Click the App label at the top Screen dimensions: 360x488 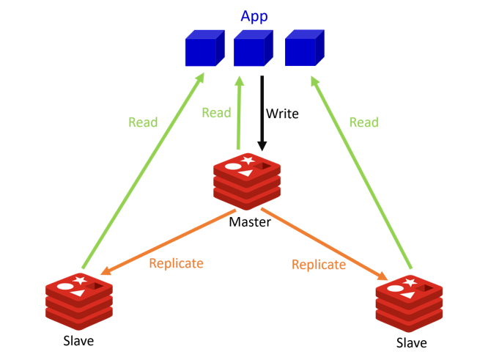coord(254,15)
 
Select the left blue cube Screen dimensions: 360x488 coord(204,49)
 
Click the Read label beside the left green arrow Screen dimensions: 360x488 coord(143,122)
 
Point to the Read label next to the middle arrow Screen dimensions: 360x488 coord(216,112)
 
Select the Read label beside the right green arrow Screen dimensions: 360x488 coord(363,122)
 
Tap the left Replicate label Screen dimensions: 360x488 coord(176,263)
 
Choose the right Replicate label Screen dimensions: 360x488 coord(318,264)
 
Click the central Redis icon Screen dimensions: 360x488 coord(247,180)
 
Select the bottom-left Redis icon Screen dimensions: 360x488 coord(78,300)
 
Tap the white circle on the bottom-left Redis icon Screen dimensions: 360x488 coord(65,287)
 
